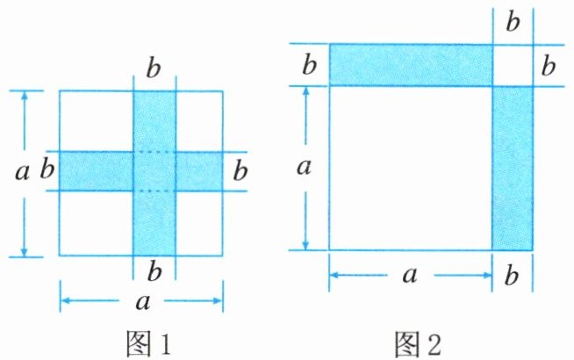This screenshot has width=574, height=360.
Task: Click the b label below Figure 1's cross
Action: tap(154, 270)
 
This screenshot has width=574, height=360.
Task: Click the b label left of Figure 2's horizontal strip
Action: tap(308, 65)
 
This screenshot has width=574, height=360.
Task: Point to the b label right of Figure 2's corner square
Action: tap(549, 65)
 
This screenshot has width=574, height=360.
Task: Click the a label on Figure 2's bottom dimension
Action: tap(409, 276)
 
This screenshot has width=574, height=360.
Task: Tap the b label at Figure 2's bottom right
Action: tap(513, 276)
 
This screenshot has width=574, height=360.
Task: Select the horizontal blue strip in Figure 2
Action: tap(410, 64)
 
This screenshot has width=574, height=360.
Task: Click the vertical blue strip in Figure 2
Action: tap(513, 167)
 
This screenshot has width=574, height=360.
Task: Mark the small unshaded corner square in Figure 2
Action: tap(513, 64)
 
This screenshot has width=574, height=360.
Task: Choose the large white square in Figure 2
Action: tap(410, 167)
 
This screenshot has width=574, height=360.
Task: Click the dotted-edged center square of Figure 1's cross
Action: tap(154, 170)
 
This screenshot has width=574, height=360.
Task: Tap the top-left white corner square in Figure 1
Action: tap(96, 120)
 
